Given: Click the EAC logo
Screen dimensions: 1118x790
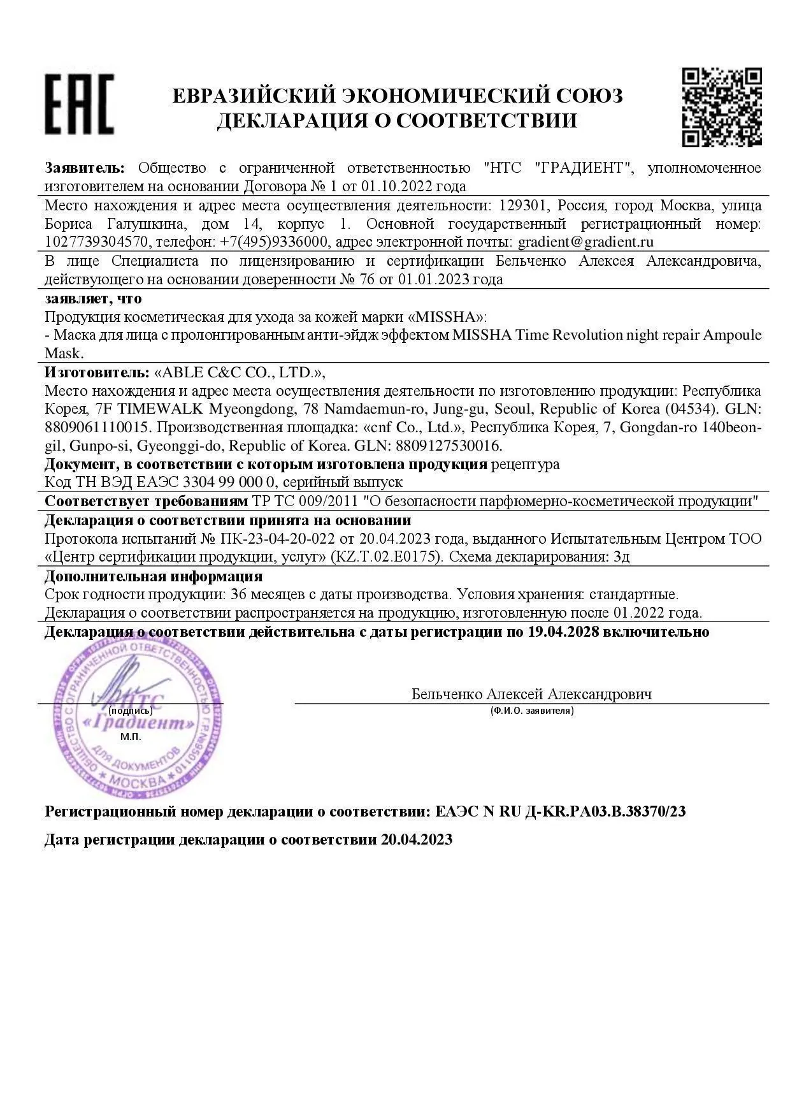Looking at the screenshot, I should pos(79,104).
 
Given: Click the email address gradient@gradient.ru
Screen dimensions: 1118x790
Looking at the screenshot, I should pos(585,242).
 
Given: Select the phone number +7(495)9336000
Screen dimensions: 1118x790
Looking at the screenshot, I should pos(274,242).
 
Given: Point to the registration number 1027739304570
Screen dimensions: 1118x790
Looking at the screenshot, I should pos(97,242).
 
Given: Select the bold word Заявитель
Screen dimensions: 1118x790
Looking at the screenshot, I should pos(84,168).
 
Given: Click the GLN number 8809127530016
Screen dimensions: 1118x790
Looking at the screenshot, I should pos(449,445).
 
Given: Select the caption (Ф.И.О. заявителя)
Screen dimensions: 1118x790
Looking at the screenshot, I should pos(532,711).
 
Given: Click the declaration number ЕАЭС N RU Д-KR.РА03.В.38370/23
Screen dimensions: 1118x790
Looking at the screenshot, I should pos(561,812).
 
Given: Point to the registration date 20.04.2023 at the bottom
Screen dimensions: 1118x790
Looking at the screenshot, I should pos(417,839).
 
